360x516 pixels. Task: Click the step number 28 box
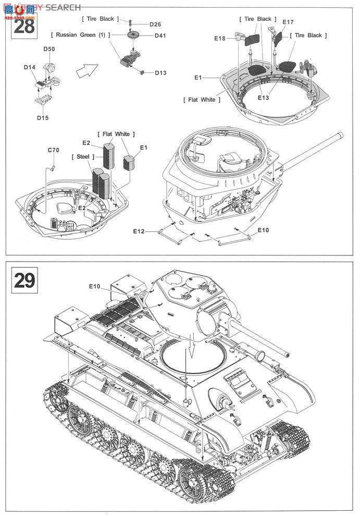click(24, 25)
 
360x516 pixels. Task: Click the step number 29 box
click(24, 280)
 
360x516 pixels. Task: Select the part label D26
click(155, 24)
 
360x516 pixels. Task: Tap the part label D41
click(160, 35)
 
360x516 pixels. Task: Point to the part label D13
click(160, 72)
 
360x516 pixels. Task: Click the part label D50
click(49, 49)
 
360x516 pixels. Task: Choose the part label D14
click(30, 67)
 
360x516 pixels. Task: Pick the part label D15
click(43, 117)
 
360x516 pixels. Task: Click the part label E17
click(288, 22)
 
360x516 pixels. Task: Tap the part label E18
click(219, 38)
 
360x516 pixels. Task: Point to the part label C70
click(54, 150)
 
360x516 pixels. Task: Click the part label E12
click(138, 231)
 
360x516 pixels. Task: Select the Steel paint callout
click(82, 156)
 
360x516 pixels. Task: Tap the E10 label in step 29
click(94, 286)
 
